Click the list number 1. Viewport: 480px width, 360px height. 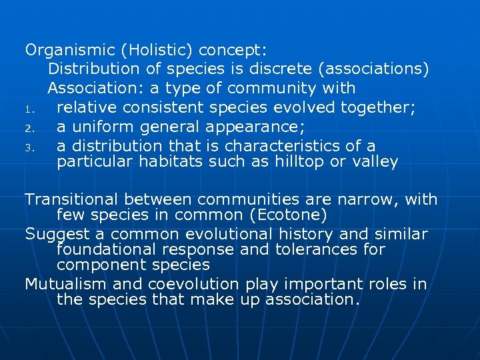(x=29, y=108)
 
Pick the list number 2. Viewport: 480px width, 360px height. (x=29, y=127)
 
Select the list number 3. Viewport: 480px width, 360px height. (x=29, y=147)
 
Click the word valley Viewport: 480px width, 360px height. (x=374, y=161)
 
